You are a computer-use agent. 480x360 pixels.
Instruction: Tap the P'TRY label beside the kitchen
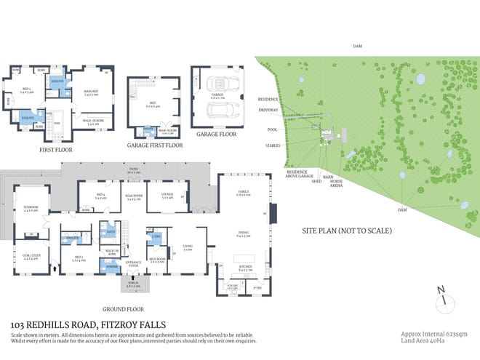coord(258,288)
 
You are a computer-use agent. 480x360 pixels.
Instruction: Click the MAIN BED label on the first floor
coord(92,92)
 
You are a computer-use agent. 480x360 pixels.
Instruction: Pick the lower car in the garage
coord(217,111)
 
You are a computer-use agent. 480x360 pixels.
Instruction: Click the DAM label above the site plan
coord(356,46)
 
